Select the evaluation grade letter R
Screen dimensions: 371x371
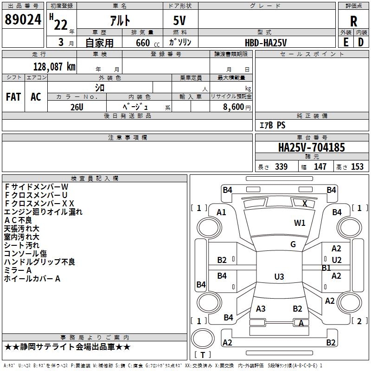coord(353,21)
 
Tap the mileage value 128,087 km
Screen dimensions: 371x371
coord(54,67)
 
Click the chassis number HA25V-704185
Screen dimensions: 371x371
coord(311,147)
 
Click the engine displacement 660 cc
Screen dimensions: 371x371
coord(142,43)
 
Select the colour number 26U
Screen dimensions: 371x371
coord(77,106)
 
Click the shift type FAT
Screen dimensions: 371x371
coord(13,97)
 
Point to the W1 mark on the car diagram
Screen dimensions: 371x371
coord(300,223)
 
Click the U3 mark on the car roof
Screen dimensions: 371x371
coord(279,277)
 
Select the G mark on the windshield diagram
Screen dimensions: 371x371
coord(293,244)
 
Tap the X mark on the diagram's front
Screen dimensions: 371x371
coord(305,203)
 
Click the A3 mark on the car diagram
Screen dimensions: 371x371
coord(261,309)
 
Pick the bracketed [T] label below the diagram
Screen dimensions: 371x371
coord(203,355)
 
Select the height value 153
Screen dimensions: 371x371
coord(357,167)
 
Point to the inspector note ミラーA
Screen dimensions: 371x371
coord(18,270)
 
